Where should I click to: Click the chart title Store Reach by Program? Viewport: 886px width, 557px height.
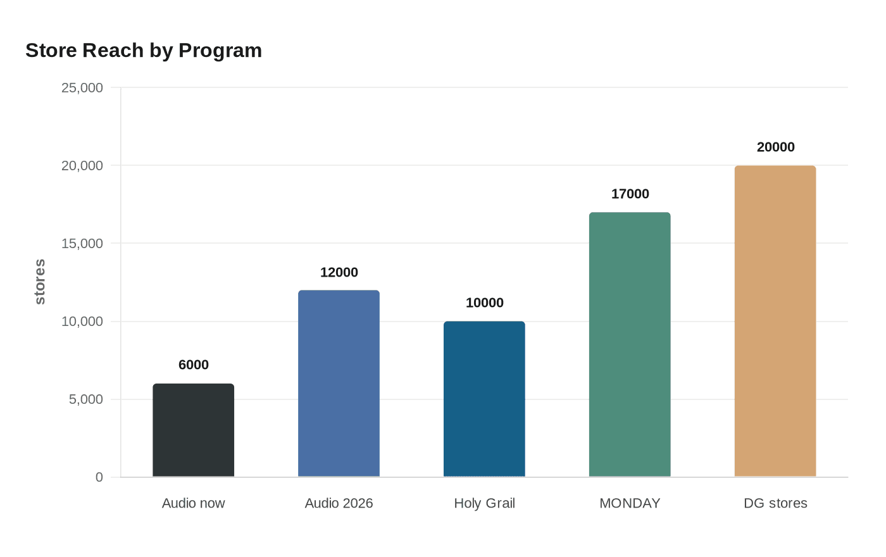(x=144, y=51)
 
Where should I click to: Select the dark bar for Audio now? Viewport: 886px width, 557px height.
(x=194, y=430)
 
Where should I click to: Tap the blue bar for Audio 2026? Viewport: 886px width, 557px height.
(x=339, y=384)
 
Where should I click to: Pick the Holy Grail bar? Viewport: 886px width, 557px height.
(x=484, y=399)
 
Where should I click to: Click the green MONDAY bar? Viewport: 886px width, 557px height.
(x=630, y=344)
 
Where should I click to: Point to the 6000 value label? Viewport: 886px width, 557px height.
(x=194, y=365)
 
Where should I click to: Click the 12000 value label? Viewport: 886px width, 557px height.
(x=339, y=272)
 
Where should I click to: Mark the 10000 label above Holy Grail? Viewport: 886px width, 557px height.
(x=484, y=303)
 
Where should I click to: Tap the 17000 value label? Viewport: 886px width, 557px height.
(x=630, y=194)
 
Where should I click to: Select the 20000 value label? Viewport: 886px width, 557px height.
(x=775, y=147)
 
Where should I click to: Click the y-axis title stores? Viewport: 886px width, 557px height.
(x=40, y=282)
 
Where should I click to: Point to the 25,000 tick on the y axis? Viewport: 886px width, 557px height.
(x=82, y=88)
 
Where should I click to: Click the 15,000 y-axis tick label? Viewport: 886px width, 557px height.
(x=82, y=244)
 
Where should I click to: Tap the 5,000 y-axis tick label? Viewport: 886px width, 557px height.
(x=86, y=399)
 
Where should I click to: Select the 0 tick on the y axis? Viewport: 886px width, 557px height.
(x=99, y=477)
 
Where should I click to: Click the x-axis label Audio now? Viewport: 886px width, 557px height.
(x=194, y=503)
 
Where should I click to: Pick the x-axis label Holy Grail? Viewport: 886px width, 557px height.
(x=484, y=503)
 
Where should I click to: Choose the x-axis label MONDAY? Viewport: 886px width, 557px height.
(x=630, y=503)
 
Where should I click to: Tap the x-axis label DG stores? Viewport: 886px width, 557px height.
(x=775, y=503)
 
